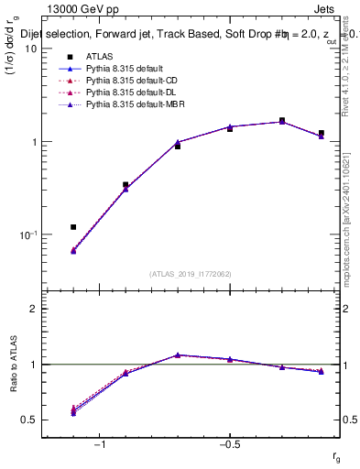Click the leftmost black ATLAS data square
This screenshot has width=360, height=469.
point(73,226)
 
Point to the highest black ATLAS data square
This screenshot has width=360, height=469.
point(282,121)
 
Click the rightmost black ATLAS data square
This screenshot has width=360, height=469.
point(322,134)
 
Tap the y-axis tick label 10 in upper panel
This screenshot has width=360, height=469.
point(30,49)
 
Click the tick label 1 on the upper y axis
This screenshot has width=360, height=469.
point(33,142)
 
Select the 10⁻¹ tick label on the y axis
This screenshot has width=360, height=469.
point(27,235)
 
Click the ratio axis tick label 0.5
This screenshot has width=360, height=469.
point(28,420)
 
